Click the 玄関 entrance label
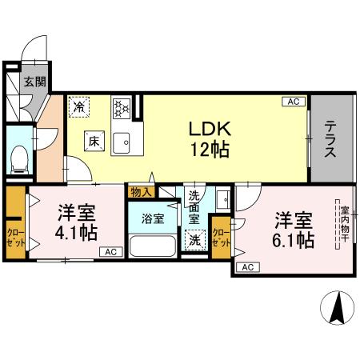tap(34, 81)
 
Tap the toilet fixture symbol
tap(19, 158)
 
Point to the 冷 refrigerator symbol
tap(79, 105)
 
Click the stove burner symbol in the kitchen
tap(122, 107)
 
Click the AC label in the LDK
tap(294, 102)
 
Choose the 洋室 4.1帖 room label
tap(78, 223)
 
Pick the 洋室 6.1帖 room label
tap(294, 228)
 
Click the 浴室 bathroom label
tap(152, 216)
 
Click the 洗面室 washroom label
tap(194, 206)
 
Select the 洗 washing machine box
tap(194, 238)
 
